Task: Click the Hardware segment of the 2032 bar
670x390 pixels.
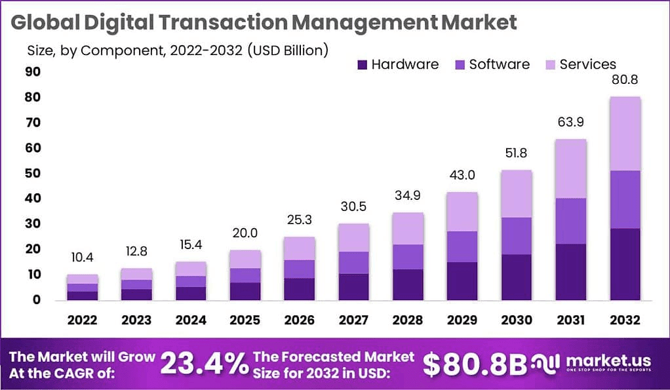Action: (x=625, y=263)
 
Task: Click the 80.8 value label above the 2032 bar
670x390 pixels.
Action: (x=625, y=81)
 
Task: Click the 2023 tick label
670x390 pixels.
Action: (x=136, y=321)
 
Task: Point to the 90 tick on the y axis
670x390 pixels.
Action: (x=32, y=71)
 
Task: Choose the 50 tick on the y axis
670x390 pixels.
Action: (x=32, y=173)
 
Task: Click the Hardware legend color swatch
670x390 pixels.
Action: (x=362, y=64)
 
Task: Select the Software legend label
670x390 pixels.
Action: (x=499, y=64)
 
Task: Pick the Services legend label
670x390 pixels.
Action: (x=587, y=64)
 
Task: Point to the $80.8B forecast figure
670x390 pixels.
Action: (x=475, y=364)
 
